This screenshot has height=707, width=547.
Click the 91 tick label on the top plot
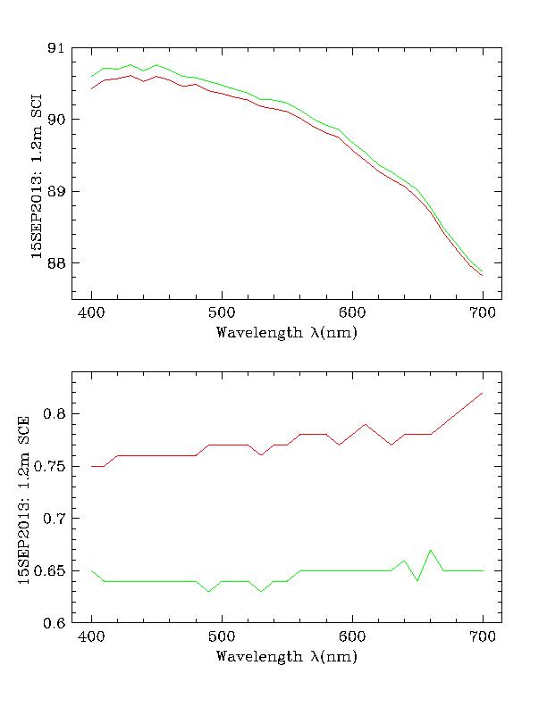pyautogui.click(x=55, y=48)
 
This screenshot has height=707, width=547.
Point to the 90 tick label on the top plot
pyautogui.click(x=55, y=120)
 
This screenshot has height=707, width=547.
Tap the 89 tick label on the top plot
pyautogui.click(x=55, y=192)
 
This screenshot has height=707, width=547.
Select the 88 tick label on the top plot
pyautogui.click(x=55, y=263)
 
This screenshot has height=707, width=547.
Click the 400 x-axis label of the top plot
pyautogui.click(x=91, y=313)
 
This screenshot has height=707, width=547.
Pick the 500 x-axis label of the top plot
pyautogui.click(x=222, y=313)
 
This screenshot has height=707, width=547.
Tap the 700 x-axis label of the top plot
pyautogui.click(x=483, y=313)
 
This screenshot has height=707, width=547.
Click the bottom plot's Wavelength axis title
pyautogui.click(x=287, y=657)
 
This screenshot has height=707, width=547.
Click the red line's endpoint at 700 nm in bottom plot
pyautogui.click(x=483, y=393)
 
